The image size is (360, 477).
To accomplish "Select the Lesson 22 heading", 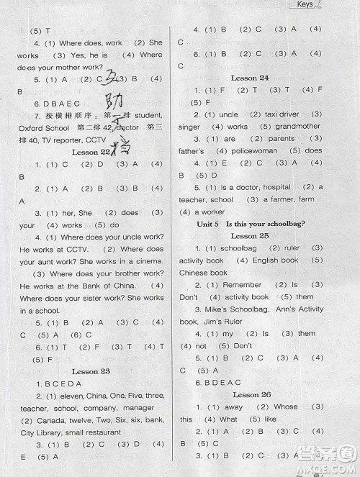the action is pos(91,152).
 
